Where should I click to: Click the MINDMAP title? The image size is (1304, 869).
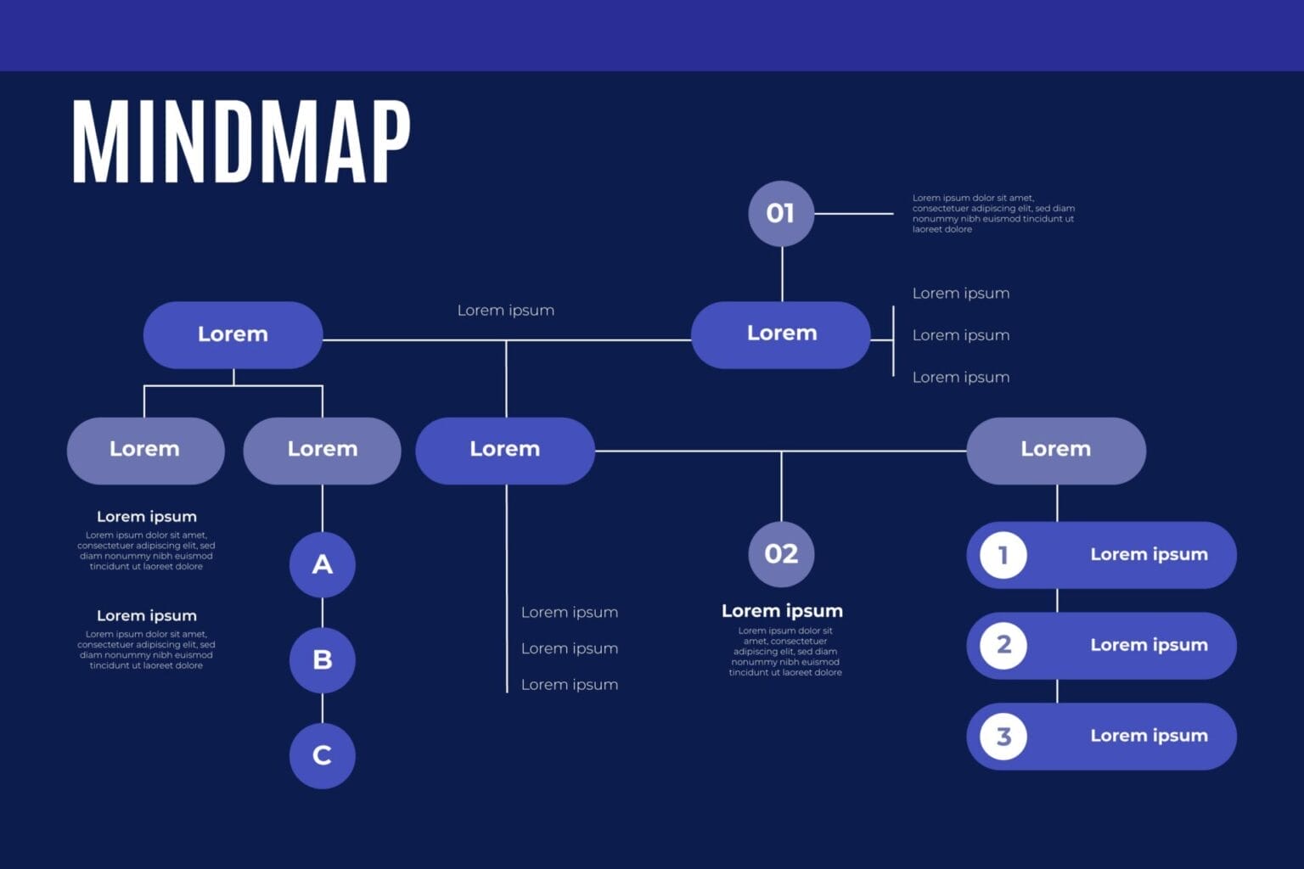click(241, 142)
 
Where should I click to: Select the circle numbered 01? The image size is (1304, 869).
click(781, 213)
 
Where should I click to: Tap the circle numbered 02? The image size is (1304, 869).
click(781, 554)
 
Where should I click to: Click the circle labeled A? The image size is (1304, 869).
click(323, 564)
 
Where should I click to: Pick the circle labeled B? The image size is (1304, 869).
click(323, 659)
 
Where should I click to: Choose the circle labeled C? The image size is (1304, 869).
click(323, 755)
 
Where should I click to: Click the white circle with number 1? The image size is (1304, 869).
click(1003, 555)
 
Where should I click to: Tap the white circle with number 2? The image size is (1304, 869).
click(1003, 645)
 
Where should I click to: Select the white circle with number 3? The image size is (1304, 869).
click(1003, 736)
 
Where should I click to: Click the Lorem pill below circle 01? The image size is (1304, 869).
click(781, 334)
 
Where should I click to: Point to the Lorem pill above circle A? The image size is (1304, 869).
click(323, 450)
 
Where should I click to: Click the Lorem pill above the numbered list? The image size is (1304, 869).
click(1056, 450)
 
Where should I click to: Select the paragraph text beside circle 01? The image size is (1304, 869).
click(993, 213)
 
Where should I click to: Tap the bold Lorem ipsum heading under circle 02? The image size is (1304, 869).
click(782, 611)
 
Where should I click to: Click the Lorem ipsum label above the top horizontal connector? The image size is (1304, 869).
click(506, 311)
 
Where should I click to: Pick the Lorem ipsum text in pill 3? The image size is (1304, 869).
click(1149, 736)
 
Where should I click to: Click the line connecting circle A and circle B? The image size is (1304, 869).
click(323, 612)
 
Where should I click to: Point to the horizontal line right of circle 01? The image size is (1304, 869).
click(853, 214)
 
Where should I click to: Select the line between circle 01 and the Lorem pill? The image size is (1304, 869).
click(782, 273)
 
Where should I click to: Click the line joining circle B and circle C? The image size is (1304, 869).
click(323, 708)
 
